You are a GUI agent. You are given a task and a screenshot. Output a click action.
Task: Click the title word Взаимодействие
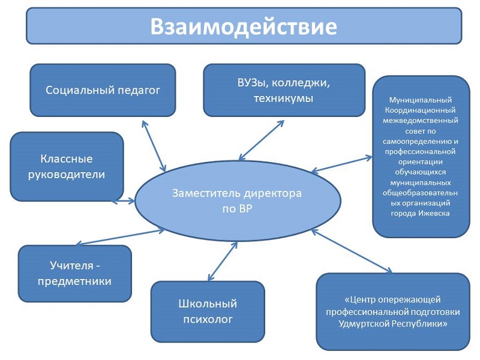[244, 26]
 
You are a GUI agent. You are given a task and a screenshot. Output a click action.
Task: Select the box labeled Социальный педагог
[103, 90]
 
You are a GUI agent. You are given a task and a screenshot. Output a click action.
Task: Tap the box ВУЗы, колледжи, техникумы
[284, 90]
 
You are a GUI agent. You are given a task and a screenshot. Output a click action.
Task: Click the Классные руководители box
[67, 167]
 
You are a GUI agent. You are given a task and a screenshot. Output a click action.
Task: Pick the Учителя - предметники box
[74, 274]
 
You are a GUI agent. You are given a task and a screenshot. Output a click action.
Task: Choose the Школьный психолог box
[208, 311]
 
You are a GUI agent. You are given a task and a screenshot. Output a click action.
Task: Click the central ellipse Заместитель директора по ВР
[238, 201]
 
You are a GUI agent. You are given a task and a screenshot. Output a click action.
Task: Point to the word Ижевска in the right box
[436, 213]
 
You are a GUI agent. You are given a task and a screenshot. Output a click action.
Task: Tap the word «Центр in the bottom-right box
[359, 299]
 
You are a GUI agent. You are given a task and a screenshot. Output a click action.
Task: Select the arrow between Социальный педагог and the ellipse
[154, 146]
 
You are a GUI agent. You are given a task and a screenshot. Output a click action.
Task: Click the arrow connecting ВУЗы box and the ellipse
[262, 140]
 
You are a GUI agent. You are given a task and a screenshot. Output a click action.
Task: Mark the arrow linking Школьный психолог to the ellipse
[223, 261]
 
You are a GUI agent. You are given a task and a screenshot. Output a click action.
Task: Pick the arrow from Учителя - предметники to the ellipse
[120, 237]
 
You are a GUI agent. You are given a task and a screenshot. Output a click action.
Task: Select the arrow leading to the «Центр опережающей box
[352, 251]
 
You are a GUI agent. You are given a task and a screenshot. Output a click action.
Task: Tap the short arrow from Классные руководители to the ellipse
[123, 202]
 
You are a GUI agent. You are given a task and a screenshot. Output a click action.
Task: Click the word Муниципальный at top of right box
[421, 100]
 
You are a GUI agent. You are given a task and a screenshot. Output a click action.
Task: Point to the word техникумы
[283, 98]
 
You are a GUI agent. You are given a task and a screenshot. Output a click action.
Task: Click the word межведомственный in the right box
[421, 121]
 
